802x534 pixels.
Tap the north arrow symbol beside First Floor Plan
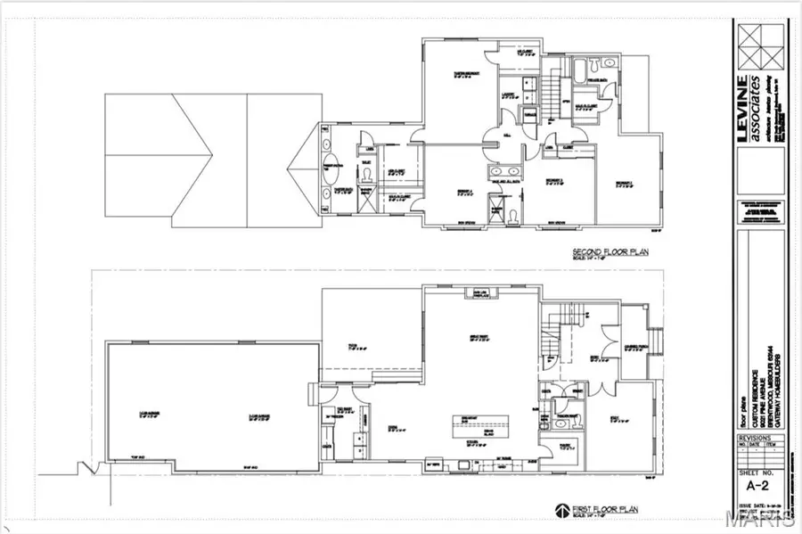pyautogui.click(x=561, y=510)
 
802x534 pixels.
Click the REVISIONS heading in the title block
pyautogui.click(x=755, y=440)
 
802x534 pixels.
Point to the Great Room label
pyautogui.click(x=481, y=337)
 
